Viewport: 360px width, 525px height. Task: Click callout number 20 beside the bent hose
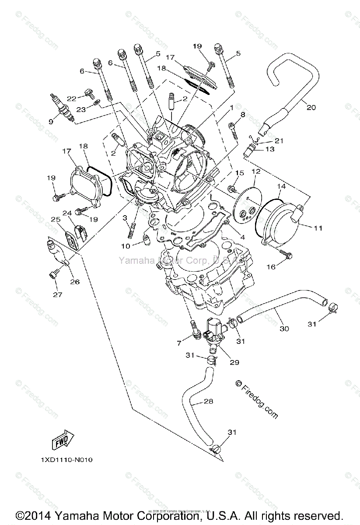(x=311, y=107)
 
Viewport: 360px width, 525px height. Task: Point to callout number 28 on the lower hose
(x=209, y=401)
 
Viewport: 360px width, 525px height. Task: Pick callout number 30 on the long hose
(x=284, y=329)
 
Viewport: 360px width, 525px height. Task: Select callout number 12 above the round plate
(x=256, y=171)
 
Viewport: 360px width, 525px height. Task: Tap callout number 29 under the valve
(x=234, y=363)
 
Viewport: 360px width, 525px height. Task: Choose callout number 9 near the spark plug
(x=50, y=122)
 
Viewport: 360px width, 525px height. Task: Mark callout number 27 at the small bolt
(x=58, y=294)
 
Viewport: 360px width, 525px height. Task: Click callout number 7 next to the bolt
(x=178, y=343)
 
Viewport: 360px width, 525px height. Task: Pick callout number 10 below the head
(x=126, y=246)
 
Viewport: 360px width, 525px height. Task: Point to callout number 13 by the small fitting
(x=270, y=149)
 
